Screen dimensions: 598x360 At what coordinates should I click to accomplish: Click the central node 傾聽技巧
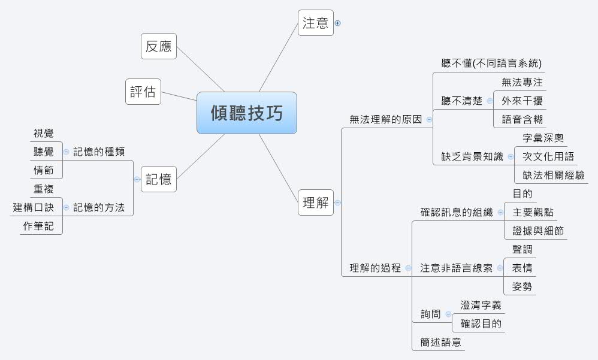[x=246, y=113]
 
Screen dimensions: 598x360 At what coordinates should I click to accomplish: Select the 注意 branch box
[x=315, y=23]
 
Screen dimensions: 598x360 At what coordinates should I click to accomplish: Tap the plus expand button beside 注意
[x=338, y=23]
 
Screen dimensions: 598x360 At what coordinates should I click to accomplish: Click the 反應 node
[x=159, y=46]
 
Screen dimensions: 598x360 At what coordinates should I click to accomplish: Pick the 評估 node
[x=143, y=92]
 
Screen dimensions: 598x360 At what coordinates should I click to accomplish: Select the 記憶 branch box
[x=159, y=179]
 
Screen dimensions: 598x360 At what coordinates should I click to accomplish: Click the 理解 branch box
[x=315, y=202]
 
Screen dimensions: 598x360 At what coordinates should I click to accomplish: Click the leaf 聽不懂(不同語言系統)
[x=491, y=63]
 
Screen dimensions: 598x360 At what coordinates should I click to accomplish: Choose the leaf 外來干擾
[x=522, y=101]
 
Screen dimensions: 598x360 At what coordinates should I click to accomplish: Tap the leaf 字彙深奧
[x=543, y=138]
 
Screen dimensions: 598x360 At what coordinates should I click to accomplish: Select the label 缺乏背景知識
[x=469, y=157]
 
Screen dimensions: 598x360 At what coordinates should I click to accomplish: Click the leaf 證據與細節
[x=538, y=231]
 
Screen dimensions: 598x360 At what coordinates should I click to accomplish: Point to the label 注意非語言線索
[x=456, y=268]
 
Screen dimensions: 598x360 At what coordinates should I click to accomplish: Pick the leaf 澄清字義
[x=481, y=305]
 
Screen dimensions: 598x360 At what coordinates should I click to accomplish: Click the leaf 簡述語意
[x=440, y=343]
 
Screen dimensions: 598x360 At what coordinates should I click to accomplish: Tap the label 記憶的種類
[x=99, y=152]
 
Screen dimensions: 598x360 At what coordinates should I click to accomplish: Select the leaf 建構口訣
[x=34, y=208]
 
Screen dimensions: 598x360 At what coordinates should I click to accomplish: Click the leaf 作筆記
[x=38, y=226]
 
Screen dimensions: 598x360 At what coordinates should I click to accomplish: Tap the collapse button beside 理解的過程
[x=408, y=268]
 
